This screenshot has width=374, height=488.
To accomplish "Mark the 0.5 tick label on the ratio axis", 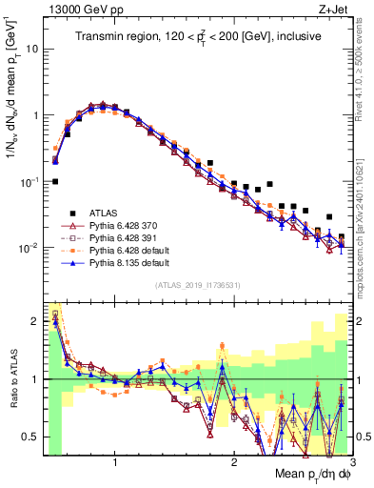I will (x=31, y=437).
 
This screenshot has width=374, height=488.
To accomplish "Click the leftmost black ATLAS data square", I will (x=55, y=181).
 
